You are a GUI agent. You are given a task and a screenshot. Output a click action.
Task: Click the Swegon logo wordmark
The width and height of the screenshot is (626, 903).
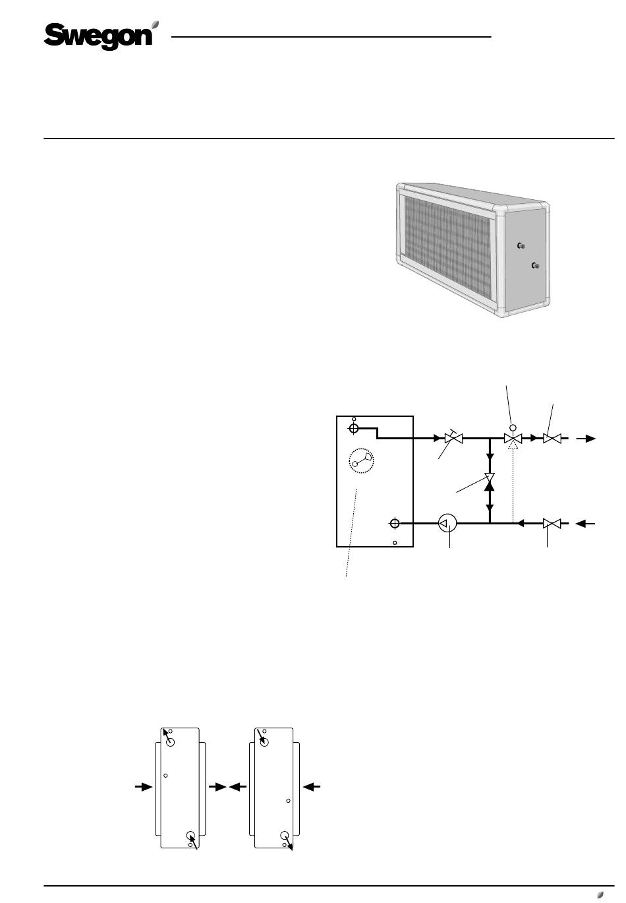click(x=98, y=36)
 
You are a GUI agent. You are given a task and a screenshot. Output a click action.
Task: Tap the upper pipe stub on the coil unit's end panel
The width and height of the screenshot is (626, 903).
click(x=521, y=245)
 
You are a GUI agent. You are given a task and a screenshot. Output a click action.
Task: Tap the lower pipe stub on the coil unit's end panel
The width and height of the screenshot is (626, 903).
click(x=535, y=265)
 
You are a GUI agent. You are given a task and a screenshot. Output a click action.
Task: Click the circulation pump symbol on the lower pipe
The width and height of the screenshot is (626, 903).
click(x=447, y=523)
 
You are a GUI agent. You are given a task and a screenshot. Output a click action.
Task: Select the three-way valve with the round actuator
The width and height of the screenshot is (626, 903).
click(x=513, y=435)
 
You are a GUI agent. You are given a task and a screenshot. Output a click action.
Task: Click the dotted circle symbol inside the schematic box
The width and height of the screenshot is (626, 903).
click(x=361, y=460)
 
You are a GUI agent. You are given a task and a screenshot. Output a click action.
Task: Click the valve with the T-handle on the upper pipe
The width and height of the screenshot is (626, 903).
click(x=453, y=437)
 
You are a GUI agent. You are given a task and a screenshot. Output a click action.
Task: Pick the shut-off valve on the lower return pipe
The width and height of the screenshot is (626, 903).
click(x=552, y=523)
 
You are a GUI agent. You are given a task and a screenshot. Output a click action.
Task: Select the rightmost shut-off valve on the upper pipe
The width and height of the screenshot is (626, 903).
click(x=552, y=438)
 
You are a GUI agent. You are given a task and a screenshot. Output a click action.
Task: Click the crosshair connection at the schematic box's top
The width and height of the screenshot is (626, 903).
click(x=353, y=428)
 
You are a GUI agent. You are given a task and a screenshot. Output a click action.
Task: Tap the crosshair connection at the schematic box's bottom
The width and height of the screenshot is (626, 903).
click(x=395, y=523)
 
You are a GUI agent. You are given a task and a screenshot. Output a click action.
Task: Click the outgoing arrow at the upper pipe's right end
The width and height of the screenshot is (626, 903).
click(x=586, y=439)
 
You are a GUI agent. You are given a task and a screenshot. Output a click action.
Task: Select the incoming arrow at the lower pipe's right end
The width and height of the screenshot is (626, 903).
click(x=585, y=523)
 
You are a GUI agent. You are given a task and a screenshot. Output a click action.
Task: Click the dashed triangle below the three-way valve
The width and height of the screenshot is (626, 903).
click(x=513, y=445)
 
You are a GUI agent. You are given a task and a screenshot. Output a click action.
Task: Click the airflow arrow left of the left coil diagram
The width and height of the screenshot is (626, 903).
click(x=144, y=786)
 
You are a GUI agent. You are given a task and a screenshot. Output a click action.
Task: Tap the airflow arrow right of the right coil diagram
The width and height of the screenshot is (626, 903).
click(x=312, y=786)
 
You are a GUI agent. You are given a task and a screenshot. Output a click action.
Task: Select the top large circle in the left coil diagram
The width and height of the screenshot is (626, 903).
click(x=170, y=742)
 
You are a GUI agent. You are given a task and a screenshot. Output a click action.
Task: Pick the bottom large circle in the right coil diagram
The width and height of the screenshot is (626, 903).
click(x=285, y=835)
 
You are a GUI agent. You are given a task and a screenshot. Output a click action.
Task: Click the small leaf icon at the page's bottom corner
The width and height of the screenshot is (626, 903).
click(x=600, y=894)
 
